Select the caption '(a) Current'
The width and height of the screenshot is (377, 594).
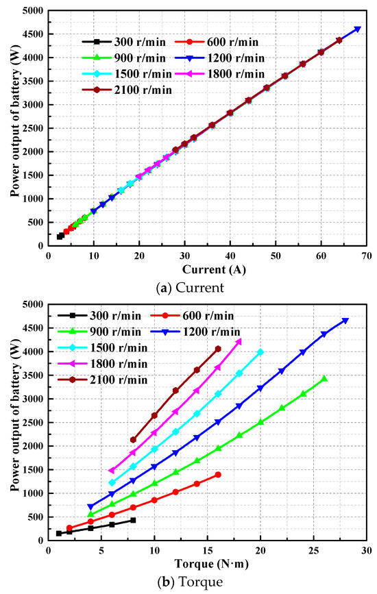(x=189, y=288)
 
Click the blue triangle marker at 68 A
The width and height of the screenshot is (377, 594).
(x=357, y=29)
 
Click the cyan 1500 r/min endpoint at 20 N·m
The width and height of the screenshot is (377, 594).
(x=260, y=352)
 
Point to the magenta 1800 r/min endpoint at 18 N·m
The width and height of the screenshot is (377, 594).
(x=239, y=341)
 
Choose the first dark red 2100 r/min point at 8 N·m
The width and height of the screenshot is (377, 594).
(x=133, y=440)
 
